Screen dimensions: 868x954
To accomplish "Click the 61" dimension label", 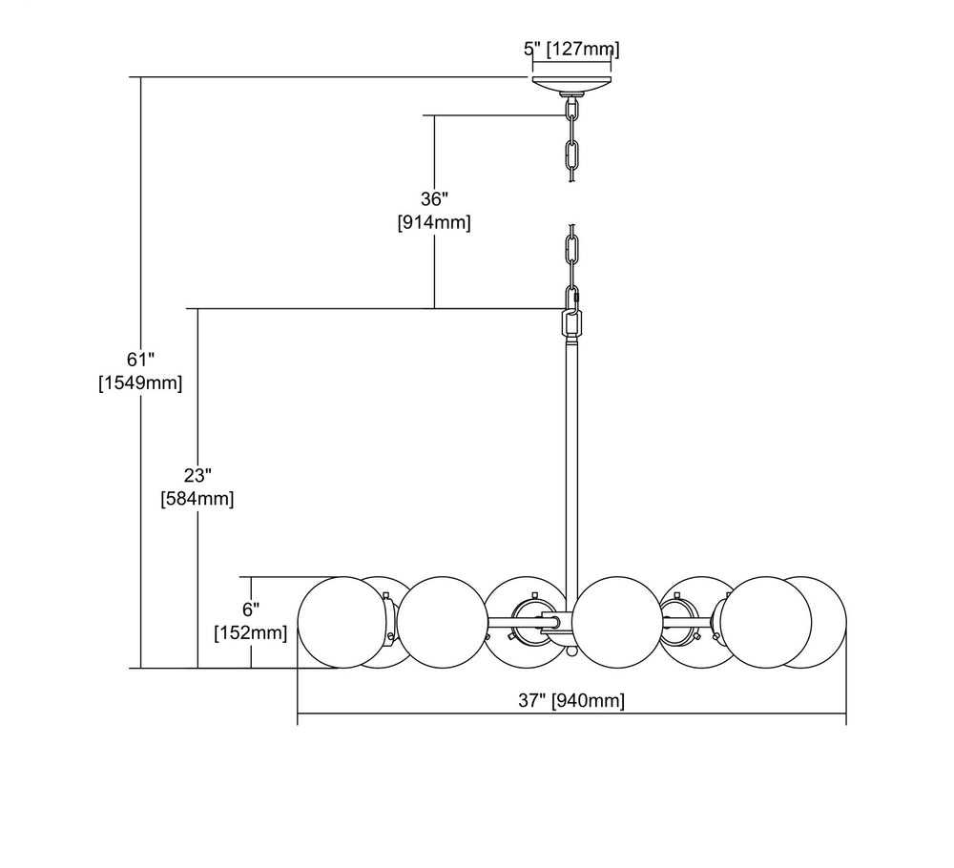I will click(140, 360).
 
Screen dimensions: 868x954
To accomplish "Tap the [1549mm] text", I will click(140, 382).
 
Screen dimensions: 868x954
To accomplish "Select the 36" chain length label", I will click(434, 199).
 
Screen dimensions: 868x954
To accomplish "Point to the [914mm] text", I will click(434, 222).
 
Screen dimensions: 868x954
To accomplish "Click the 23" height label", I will click(197, 474).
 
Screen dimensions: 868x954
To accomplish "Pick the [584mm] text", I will click(197, 497).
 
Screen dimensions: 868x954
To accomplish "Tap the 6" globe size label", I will click(251, 609).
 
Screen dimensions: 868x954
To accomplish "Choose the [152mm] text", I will click(251, 631).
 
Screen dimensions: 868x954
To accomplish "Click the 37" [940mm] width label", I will click(571, 701).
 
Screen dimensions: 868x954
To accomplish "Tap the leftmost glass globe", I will click(340, 622).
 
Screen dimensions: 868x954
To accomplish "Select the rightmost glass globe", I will click(813, 622).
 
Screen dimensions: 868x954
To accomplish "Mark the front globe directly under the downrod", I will click(615, 622).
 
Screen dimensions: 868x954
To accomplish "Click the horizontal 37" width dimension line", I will click(477, 713).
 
